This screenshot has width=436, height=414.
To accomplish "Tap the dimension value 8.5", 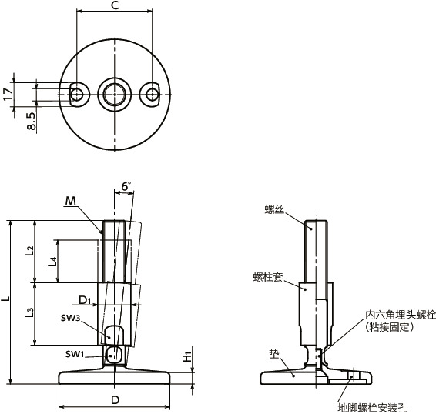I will (x=31, y=121).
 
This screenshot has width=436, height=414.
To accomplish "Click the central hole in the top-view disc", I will (x=114, y=94).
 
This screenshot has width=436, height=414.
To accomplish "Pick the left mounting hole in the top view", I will (x=76, y=94).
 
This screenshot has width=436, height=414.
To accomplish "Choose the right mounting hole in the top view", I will (x=152, y=94).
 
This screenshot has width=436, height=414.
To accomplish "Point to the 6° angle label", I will (x=126, y=186).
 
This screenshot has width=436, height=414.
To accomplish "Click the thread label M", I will (x=71, y=202).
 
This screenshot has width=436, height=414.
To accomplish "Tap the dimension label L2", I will (x=29, y=249).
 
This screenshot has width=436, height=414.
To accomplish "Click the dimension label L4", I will (x=52, y=260).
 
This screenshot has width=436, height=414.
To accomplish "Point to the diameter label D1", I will (x=85, y=299).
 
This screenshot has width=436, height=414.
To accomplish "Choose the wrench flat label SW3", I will (x=72, y=318).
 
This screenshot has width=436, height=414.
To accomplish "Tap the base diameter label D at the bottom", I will (x=114, y=399).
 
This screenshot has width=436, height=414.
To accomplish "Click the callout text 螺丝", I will (x=275, y=209).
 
